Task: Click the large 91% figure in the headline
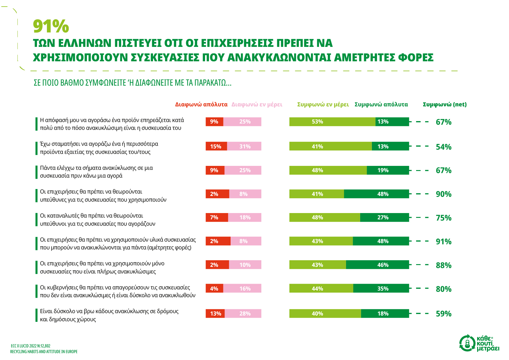pos(51,26)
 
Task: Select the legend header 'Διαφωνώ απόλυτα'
pos(201,105)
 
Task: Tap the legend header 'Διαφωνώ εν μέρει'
pos(257,105)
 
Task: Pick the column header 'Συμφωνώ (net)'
pos(445,105)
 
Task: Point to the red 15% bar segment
pos(216,146)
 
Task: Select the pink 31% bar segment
pos(244,146)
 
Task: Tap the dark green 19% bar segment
pos(388,170)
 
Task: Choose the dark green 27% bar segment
pos(385,218)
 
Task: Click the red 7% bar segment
pos(217,218)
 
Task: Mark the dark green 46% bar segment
pos(377,265)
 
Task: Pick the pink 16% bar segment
pos(242,288)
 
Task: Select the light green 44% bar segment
pos(321,288)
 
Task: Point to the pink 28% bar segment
pos(243,314)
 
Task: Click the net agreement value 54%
pos(443,147)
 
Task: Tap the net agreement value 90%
pos(443,194)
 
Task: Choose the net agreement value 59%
pos(443,314)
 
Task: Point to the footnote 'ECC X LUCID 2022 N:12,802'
pos(31,346)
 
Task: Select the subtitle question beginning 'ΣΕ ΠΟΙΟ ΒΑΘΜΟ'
pos(132,83)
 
